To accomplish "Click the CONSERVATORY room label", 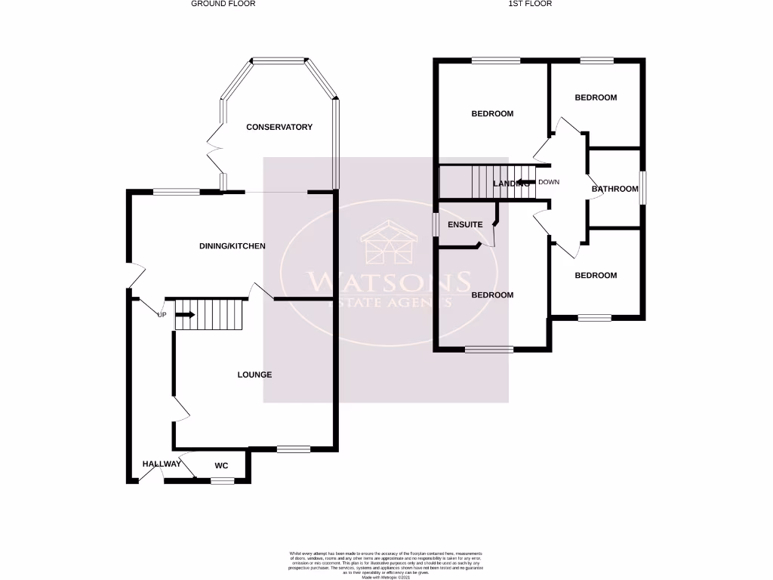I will (x=279, y=127).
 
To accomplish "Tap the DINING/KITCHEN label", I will (x=232, y=246).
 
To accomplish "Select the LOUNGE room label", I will (x=254, y=375).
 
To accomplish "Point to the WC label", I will (x=221, y=465).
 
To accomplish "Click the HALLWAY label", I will (x=162, y=464).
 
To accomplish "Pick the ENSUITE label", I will (x=465, y=224).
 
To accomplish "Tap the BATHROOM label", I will (x=614, y=189).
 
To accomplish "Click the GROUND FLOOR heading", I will (x=223, y=4).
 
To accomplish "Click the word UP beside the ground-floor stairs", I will (x=162, y=314).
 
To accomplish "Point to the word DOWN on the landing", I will (x=549, y=182).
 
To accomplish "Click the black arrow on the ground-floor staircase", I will (x=185, y=314).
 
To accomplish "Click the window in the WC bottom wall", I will (x=222, y=480).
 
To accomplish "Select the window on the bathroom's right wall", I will (x=642, y=187).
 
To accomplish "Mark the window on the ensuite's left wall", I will (x=436, y=225).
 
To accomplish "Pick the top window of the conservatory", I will (x=279, y=60).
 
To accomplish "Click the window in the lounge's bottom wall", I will (x=293, y=450).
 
